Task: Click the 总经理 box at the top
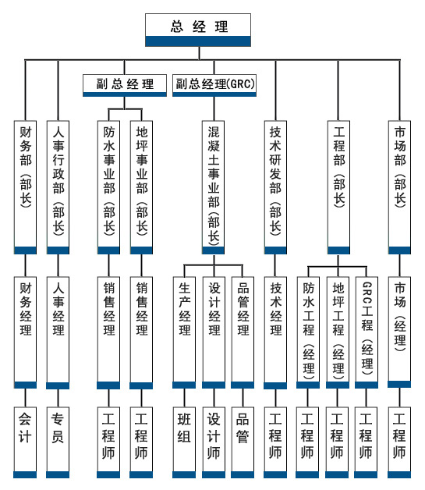[x=198, y=30]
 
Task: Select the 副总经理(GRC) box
[x=214, y=85]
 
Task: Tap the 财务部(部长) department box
[x=25, y=187]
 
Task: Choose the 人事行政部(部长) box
[x=58, y=187]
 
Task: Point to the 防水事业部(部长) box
[x=108, y=187]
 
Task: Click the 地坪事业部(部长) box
[x=141, y=187]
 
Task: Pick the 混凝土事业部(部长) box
[x=214, y=187]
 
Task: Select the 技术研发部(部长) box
[x=275, y=187]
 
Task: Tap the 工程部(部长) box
[x=338, y=187]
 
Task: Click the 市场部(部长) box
[x=400, y=187]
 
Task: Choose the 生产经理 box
[x=184, y=332]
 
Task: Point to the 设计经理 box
[x=214, y=332]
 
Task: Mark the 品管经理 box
[x=243, y=332]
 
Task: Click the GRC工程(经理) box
[x=367, y=332]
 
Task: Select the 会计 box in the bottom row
[x=25, y=442]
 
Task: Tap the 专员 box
[x=58, y=442]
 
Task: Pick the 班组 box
[x=184, y=442]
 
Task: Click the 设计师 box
[x=214, y=442]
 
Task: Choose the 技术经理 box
[x=275, y=332]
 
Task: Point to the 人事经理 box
[x=58, y=332]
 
